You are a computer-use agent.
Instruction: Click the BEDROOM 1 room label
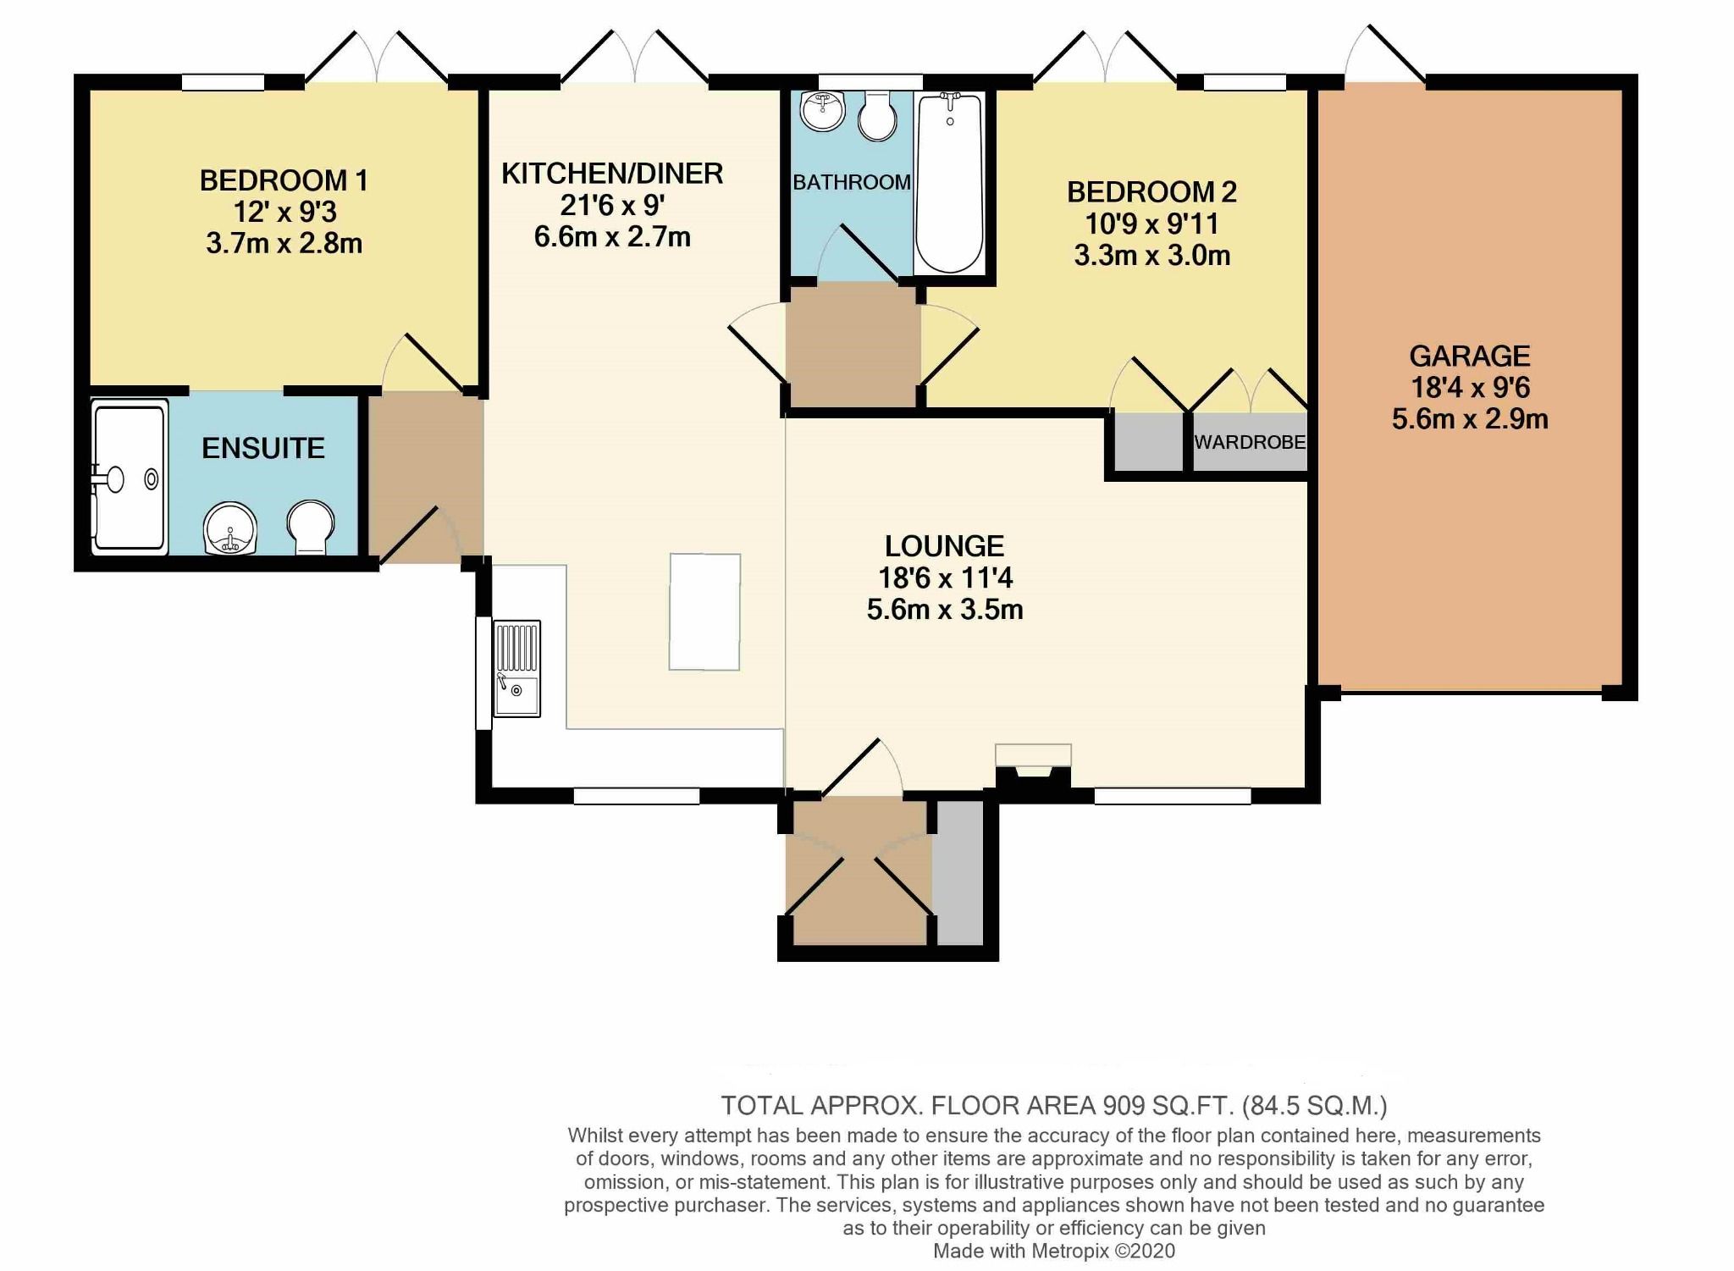(x=284, y=180)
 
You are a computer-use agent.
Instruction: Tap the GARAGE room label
(x=1469, y=356)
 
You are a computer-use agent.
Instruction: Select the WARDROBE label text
(x=1250, y=442)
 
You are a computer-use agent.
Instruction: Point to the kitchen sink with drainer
(x=516, y=669)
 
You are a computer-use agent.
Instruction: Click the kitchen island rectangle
(x=704, y=611)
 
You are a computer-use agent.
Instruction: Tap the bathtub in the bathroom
(x=949, y=182)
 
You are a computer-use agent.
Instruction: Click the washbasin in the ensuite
(x=229, y=528)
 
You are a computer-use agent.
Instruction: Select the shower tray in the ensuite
(x=129, y=478)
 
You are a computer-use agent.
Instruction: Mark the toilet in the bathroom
(x=878, y=117)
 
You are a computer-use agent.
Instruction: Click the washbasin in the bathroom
(x=822, y=111)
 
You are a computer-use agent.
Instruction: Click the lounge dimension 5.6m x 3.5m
(x=945, y=610)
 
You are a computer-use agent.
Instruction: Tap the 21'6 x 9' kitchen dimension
(x=611, y=206)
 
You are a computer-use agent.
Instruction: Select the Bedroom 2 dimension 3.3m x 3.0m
(x=1151, y=256)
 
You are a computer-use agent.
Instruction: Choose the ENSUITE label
(x=262, y=448)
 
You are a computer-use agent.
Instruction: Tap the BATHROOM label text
(x=851, y=182)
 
